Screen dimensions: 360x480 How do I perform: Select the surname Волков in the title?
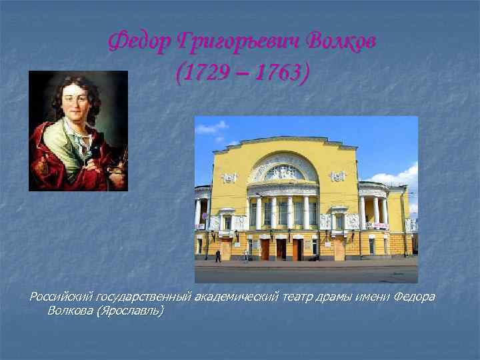click(341, 42)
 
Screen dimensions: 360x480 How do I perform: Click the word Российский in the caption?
click(61, 296)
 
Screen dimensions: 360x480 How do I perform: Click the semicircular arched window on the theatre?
click(284, 171)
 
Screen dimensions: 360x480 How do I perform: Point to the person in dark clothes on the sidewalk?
click(217, 255)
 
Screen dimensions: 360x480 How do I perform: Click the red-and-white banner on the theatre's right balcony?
click(376, 225)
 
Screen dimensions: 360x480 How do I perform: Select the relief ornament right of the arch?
click(339, 177)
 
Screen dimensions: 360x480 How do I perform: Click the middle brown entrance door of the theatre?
click(281, 249)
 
